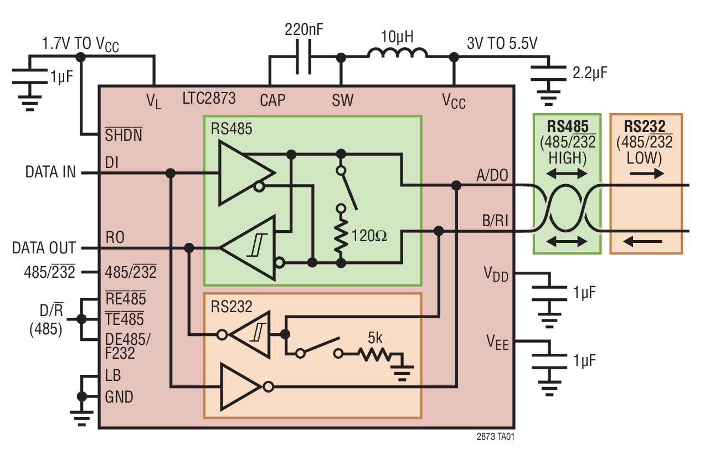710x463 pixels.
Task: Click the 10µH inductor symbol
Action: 397,53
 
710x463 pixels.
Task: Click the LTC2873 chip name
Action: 209,99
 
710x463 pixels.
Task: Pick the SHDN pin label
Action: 123,135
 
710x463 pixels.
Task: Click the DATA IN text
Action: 50,172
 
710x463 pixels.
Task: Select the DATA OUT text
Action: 44,248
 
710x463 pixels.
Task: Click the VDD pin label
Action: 496,274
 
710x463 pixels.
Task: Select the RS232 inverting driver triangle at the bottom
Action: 241,386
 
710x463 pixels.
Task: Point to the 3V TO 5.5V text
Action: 502,43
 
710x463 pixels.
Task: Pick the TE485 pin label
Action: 125,319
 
